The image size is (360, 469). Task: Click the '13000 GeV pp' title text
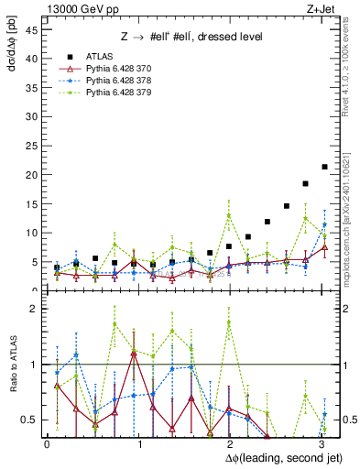click(81, 8)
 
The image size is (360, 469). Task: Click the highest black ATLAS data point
click(324, 167)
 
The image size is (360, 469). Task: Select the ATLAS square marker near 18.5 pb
click(305, 183)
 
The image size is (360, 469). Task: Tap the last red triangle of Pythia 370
click(324, 247)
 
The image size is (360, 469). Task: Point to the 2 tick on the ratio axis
click(34, 310)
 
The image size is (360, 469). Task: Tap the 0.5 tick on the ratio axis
click(30, 420)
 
